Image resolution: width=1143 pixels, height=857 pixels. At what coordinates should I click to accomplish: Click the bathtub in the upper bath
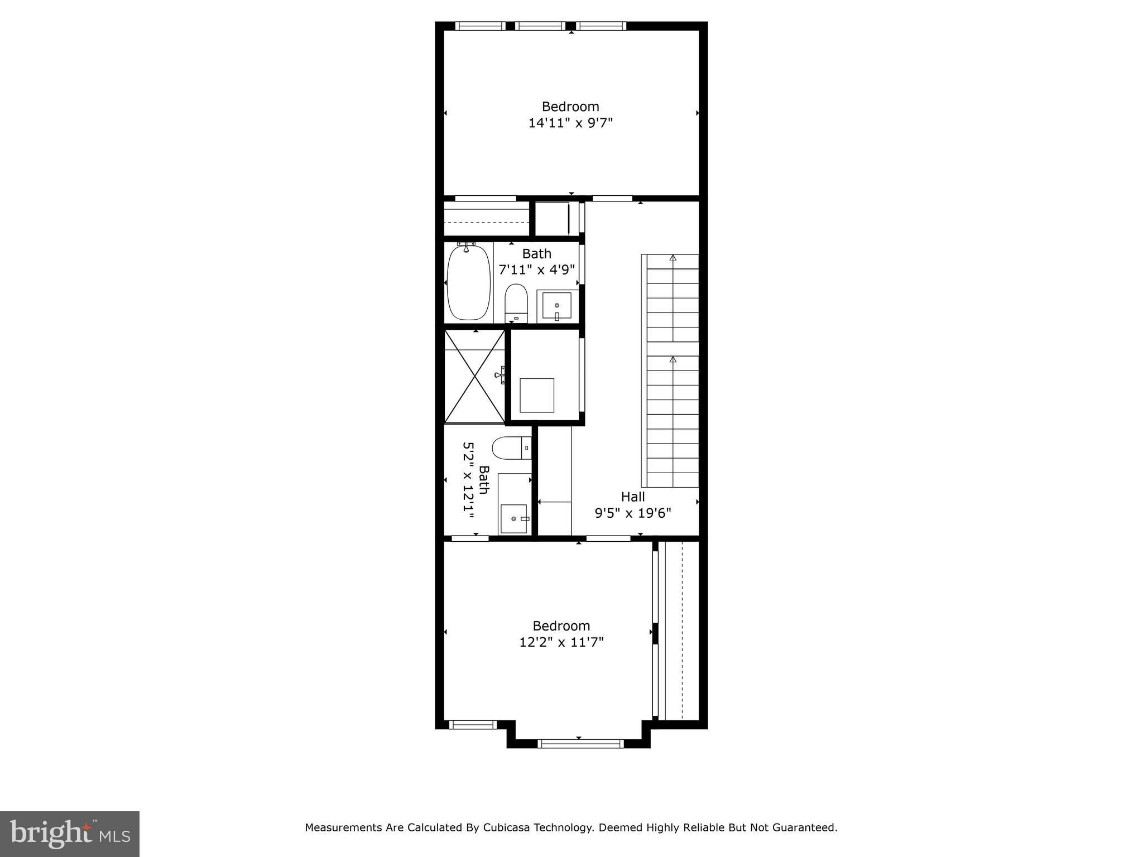click(469, 282)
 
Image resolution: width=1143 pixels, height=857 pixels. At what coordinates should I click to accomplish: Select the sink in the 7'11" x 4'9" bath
click(556, 305)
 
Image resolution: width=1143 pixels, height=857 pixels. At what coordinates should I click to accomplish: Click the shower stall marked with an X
click(474, 377)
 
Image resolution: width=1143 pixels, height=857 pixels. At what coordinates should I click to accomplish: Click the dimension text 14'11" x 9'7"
click(570, 123)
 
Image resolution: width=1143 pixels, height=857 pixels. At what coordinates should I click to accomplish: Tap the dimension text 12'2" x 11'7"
click(561, 642)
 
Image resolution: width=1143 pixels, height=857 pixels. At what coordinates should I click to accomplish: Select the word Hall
click(633, 497)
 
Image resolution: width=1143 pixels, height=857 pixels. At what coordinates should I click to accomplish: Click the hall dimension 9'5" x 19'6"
click(633, 513)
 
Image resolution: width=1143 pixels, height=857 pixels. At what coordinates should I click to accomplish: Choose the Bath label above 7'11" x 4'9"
click(536, 254)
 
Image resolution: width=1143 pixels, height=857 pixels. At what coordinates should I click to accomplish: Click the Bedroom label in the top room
click(570, 107)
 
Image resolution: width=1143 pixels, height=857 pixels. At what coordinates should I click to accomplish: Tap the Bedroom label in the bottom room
click(561, 626)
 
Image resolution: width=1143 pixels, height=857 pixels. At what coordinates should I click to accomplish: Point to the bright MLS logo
click(70, 834)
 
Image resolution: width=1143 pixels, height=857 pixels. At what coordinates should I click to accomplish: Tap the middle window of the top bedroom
click(540, 26)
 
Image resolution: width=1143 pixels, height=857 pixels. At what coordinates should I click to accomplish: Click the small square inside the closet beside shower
click(537, 395)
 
